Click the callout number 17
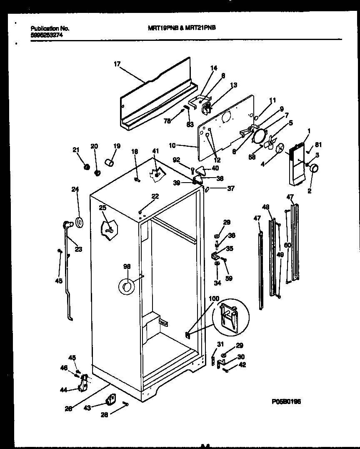tap(117, 64)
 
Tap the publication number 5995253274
tap(47, 36)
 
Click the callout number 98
tap(127, 266)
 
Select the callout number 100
tap(214, 299)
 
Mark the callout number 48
tap(265, 207)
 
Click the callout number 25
tap(102, 208)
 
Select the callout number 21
tap(76, 150)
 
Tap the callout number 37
tap(230, 188)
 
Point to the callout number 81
tap(319, 145)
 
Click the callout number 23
tap(78, 250)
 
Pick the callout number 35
tap(230, 248)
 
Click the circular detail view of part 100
tap(230, 317)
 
